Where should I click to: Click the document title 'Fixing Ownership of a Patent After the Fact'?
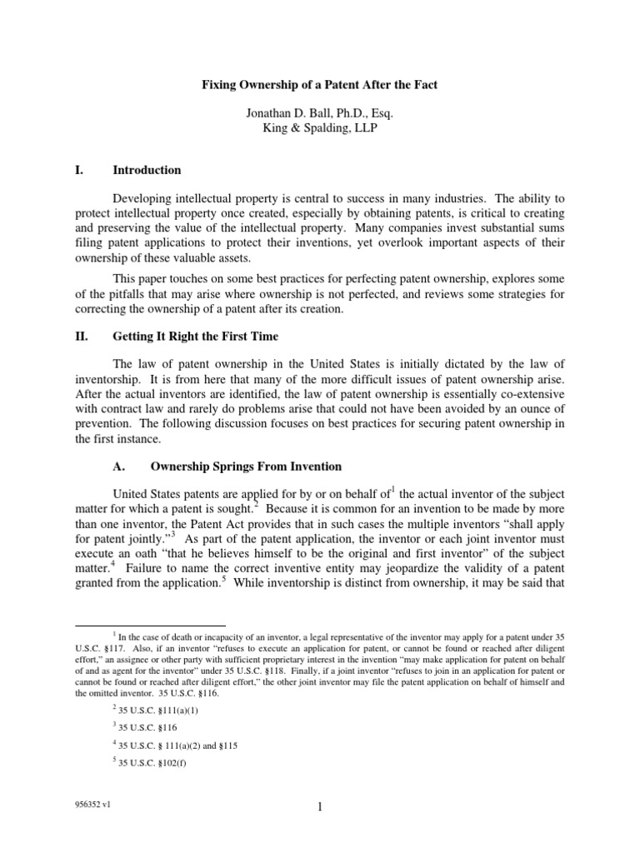point(319,84)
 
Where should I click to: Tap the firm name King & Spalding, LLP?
point(319,129)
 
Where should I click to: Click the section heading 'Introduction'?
point(147,170)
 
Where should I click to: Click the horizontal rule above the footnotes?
point(150,625)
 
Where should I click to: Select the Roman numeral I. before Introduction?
point(80,170)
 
